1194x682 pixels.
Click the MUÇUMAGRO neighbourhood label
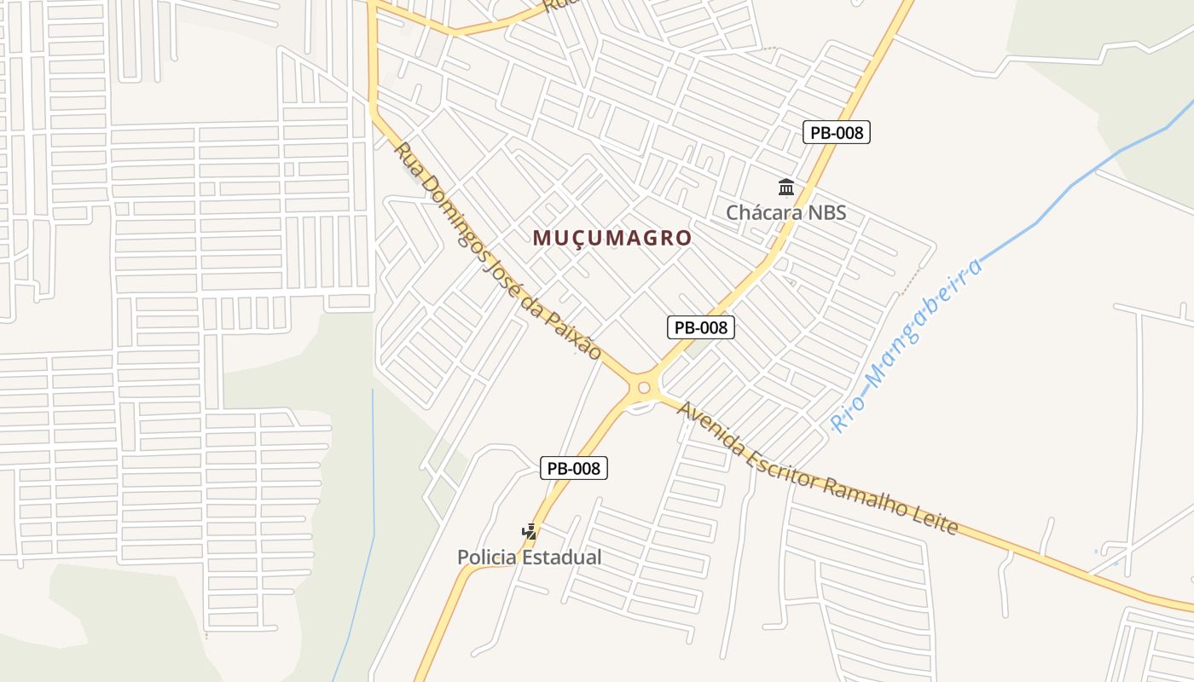(x=611, y=238)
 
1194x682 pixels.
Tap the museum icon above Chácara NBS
(x=785, y=187)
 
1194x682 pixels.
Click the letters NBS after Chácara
(x=826, y=212)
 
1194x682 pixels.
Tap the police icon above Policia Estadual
(x=529, y=532)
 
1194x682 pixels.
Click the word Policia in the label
(x=486, y=558)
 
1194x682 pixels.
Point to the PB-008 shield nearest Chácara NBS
(x=836, y=132)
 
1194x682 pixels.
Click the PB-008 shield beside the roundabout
(x=700, y=327)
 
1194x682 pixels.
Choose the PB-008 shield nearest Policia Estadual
(x=574, y=468)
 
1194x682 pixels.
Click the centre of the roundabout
(x=644, y=388)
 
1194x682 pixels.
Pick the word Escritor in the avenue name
(x=778, y=464)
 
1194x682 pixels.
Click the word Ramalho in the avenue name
(x=861, y=497)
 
